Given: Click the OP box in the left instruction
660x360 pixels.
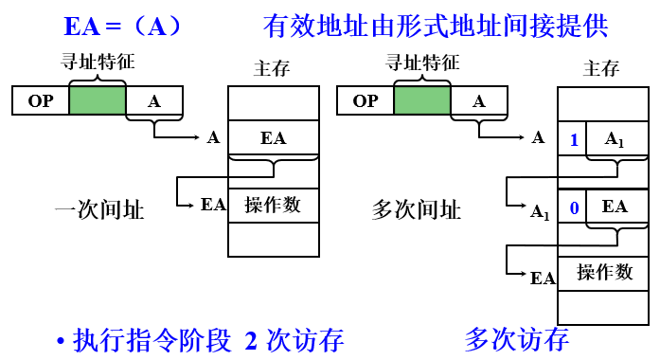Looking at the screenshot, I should coord(41,100).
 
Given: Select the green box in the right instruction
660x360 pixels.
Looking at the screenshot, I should coord(422,100).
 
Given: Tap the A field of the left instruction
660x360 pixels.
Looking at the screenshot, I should coord(154,100).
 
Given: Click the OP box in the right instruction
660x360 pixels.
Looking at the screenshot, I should coord(366,100).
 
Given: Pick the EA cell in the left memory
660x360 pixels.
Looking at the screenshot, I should coord(273,138).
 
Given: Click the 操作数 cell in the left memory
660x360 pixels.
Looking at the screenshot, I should coord(273,205).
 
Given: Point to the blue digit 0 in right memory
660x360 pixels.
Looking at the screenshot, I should coord(574,207).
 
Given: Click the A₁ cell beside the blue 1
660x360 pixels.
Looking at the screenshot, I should coord(615,140).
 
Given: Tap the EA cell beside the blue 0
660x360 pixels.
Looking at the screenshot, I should coord(615,207).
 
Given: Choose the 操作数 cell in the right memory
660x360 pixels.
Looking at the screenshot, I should coord(605,272).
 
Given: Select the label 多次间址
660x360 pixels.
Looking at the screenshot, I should coord(418,210).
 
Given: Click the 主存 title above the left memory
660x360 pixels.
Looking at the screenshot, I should coord(273,68).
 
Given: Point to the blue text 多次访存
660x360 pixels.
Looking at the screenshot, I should coord(517,339).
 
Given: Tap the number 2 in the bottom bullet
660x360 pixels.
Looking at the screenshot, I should coord(251,340).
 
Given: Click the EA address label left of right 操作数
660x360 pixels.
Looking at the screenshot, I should coord(542,278).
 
